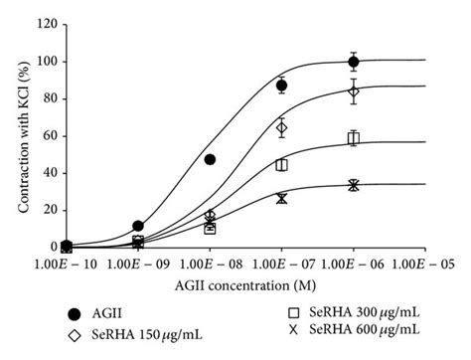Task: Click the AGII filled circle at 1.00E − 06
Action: pos(353,62)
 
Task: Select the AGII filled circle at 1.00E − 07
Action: pos(281,86)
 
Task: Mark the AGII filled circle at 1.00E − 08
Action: pos(210,159)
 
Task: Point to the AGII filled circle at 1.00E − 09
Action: pos(138,226)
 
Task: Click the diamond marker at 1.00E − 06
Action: pos(353,91)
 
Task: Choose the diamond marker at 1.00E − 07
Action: pos(281,127)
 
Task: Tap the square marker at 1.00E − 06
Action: pos(353,138)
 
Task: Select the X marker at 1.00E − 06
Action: pos(353,185)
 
